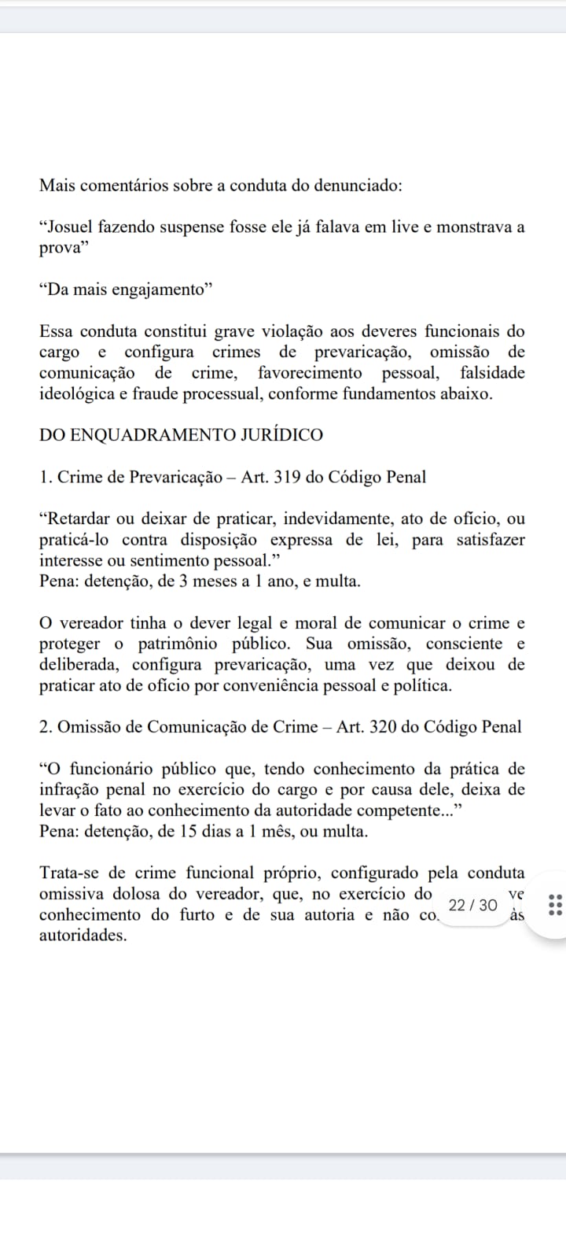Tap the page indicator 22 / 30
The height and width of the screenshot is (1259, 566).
[x=473, y=905]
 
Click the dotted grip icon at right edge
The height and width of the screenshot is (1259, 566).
[x=553, y=905]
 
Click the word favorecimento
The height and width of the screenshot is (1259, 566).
[x=310, y=373]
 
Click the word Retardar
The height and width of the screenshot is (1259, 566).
[x=79, y=519]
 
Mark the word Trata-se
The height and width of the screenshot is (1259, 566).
[x=70, y=873]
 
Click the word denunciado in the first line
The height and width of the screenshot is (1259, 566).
[x=358, y=186]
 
